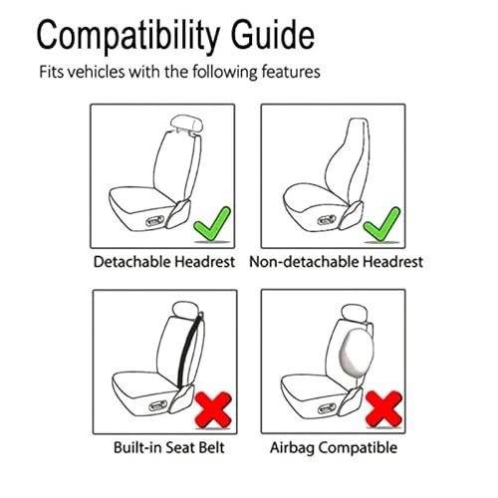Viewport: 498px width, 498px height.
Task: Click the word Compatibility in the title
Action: [x=128, y=37]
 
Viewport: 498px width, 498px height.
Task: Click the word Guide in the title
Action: [x=273, y=35]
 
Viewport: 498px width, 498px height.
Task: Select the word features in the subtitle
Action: [x=291, y=72]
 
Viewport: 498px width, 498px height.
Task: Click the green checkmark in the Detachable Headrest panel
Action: [x=212, y=224]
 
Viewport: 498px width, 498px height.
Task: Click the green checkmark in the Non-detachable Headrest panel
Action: [x=382, y=224]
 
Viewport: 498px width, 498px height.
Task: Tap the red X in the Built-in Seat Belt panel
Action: [x=213, y=409]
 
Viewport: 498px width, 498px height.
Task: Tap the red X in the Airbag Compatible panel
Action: [x=383, y=408]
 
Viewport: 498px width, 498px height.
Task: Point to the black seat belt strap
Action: [x=190, y=351]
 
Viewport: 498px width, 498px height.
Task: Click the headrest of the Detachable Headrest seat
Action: [x=186, y=124]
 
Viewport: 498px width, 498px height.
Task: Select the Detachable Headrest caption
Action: [x=164, y=262]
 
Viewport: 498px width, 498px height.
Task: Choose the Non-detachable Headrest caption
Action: [x=336, y=262]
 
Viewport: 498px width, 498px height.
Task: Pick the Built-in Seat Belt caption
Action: [x=169, y=447]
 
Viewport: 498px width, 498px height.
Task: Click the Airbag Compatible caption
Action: [x=334, y=448]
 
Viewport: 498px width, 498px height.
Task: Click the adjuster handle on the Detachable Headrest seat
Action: [x=154, y=221]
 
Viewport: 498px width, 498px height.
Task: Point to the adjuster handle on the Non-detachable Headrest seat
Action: [x=327, y=220]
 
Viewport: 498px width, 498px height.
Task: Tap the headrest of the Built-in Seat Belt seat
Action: [x=186, y=309]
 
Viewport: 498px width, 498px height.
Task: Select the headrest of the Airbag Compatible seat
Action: [x=355, y=313]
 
